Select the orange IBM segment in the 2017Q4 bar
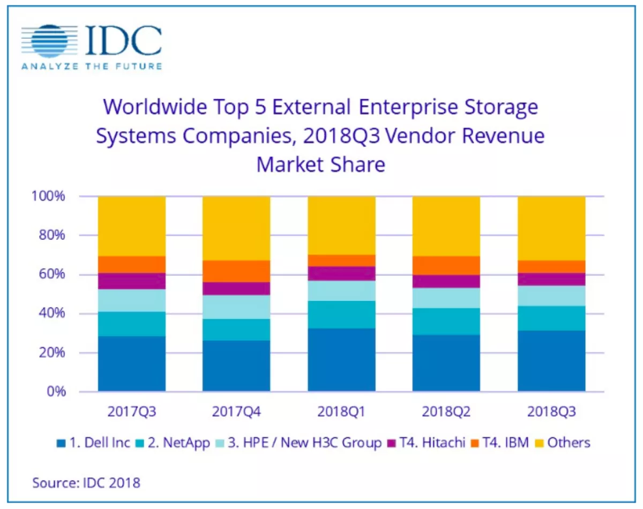(x=236, y=271)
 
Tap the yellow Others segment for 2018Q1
(x=341, y=225)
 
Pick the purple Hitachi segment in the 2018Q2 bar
(x=446, y=281)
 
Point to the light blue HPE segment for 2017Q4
(x=236, y=306)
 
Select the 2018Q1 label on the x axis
(x=341, y=413)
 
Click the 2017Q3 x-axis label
(x=132, y=413)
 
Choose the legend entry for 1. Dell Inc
(x=94, y=443)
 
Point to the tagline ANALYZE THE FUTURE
(x=91, y=66)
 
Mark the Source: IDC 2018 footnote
(x=86, y=482)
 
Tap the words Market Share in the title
(x=320, y=164)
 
